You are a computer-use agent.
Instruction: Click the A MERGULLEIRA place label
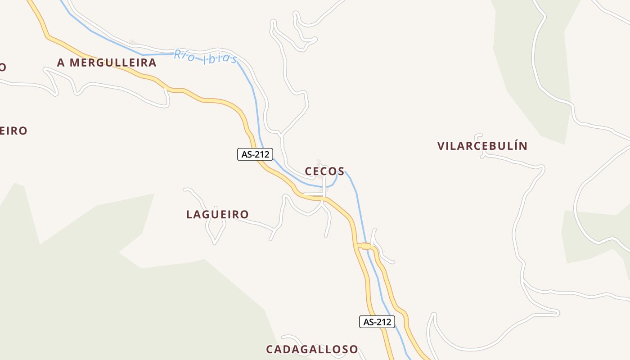(107, 63)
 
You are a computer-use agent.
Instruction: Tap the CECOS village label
(324, 171)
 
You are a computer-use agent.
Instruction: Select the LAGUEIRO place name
(217, 215)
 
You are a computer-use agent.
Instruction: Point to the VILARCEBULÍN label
(482, 146)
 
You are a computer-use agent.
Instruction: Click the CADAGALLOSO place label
(312, 349)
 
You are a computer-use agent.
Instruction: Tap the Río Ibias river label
(206, 57)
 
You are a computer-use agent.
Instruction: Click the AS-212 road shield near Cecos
(255, 154)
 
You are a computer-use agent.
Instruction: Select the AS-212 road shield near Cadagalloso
(377, 322)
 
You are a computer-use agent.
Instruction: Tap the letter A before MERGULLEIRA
(61, 63)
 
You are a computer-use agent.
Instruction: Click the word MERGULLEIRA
(113, 63)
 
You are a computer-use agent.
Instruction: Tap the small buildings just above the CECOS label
(319, 162)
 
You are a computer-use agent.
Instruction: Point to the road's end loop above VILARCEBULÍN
(479, 135)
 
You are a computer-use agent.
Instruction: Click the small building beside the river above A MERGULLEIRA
(132, 42)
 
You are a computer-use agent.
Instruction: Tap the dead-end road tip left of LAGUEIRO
(185, 190)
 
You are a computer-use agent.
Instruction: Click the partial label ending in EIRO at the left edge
(13, 130)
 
